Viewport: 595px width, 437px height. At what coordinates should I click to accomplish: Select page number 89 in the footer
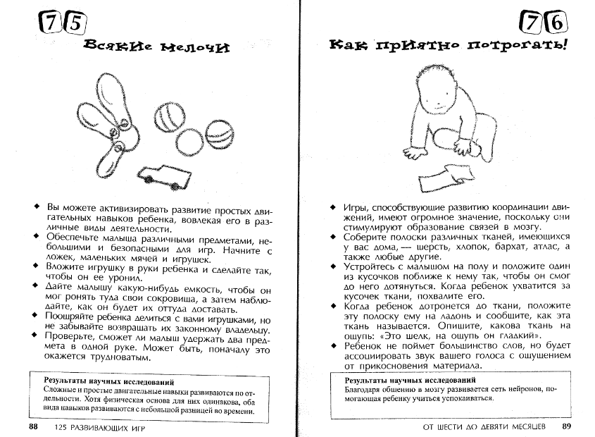[566, 426]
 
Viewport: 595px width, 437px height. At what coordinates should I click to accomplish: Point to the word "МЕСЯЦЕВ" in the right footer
[525, 427]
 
